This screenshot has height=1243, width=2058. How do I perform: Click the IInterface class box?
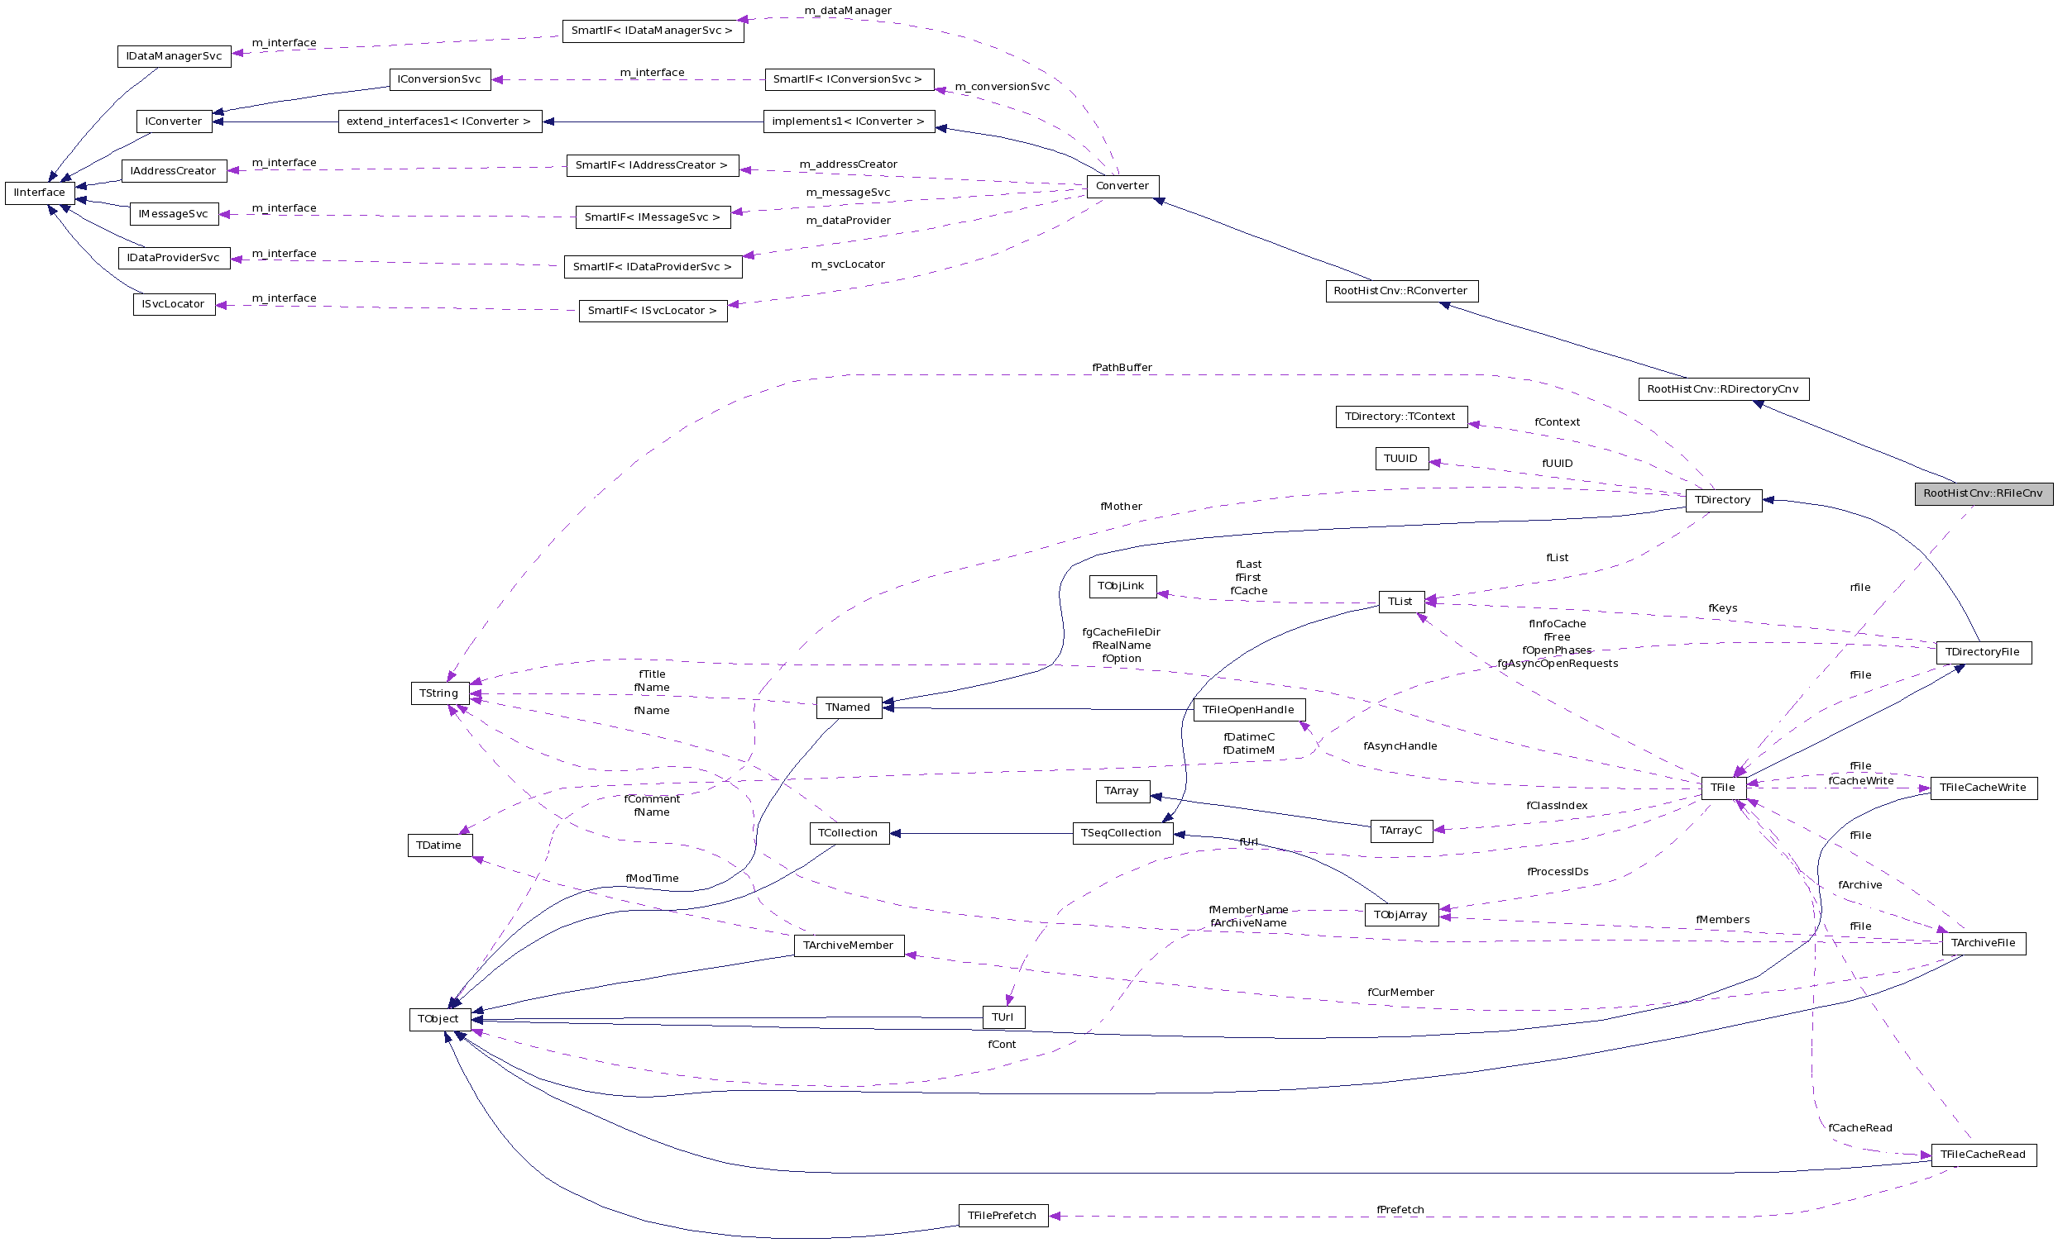pos(39,193)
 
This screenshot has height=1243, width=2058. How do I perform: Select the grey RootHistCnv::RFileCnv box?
pos(1983,493)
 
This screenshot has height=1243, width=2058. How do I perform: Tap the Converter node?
pos(1122,186)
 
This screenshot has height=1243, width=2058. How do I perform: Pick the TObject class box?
pos(438,1019)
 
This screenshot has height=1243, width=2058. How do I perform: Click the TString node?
pos(438,693)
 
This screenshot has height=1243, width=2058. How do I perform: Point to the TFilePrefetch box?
pos(1002,1216)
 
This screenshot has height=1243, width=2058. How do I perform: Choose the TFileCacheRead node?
pos(1982,1155)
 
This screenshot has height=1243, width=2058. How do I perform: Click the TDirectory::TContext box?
pos(1400,417)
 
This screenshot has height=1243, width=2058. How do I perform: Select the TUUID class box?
pos(1400,459)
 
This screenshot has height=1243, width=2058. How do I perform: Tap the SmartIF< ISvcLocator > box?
pos(653,311)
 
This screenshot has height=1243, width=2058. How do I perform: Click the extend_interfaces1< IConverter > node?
pos(438,121)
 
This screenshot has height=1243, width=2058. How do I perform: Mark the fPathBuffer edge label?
pos(1122,367)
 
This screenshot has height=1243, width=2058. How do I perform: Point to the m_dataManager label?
pos(848,11)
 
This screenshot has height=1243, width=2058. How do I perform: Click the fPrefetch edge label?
pos(1400,1210)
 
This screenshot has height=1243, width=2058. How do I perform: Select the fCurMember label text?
pos(1400,993)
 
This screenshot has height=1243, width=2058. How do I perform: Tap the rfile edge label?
pos(1859,588)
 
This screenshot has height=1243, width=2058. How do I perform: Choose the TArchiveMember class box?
pos(848,945)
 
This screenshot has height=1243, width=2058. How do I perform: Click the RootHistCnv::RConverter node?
pos(1400,292)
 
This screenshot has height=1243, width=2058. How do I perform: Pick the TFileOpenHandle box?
pos(1248,710)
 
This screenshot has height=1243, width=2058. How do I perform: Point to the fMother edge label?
pos(1121,507)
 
